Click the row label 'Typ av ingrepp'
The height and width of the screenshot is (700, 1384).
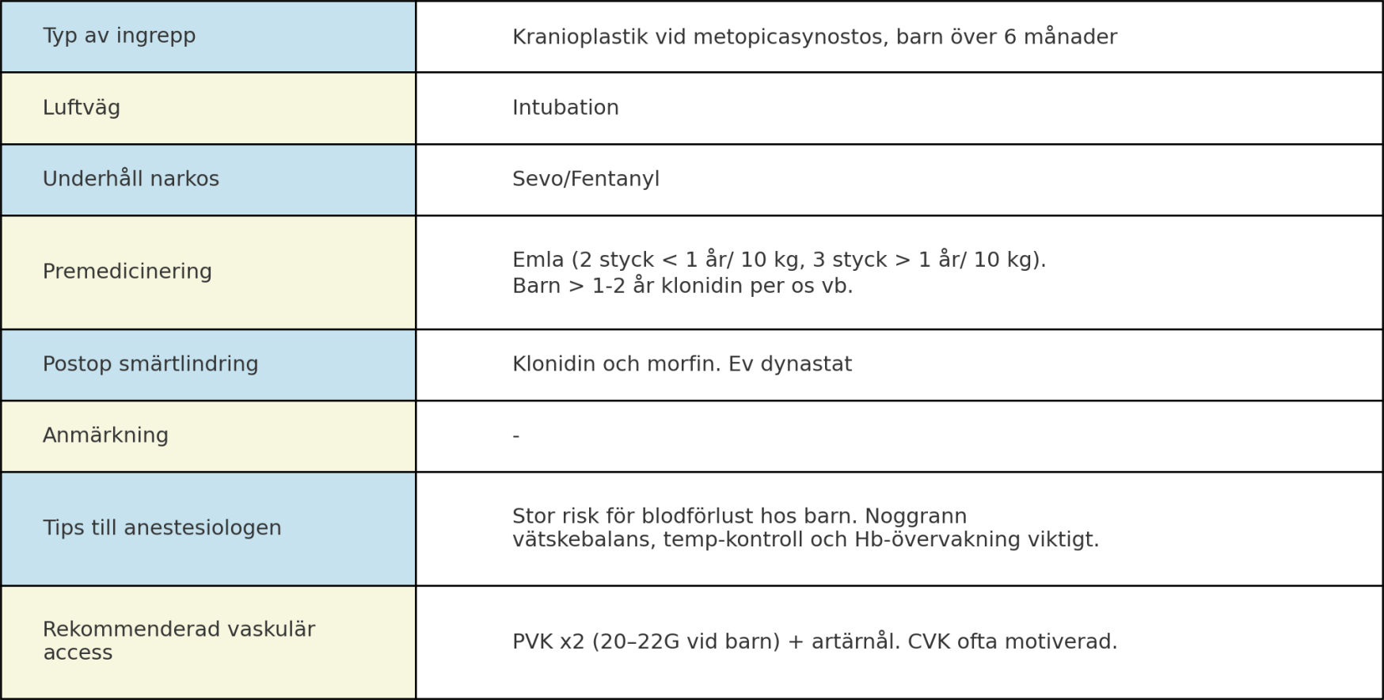[x=119, y=36]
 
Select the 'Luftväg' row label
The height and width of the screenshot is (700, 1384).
[x=82, y=108]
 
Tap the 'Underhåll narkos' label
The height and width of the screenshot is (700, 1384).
[x=131, y=179]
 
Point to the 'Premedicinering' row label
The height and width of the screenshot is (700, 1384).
[x=127, y=272]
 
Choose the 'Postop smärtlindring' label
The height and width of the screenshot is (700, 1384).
[x=150, y=364]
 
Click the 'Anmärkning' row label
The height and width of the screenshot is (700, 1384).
[x=105, y=436]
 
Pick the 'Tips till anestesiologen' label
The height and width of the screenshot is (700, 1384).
[x=162, y=528]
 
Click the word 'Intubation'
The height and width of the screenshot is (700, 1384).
[x=565, y=108]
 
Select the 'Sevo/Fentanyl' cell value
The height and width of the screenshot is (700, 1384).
[x=586, y=179]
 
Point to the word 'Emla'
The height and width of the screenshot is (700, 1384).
[x=538, y=260]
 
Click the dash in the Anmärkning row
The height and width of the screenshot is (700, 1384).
[x=516, y=436]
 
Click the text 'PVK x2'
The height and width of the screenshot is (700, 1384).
[x=548, y=641]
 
